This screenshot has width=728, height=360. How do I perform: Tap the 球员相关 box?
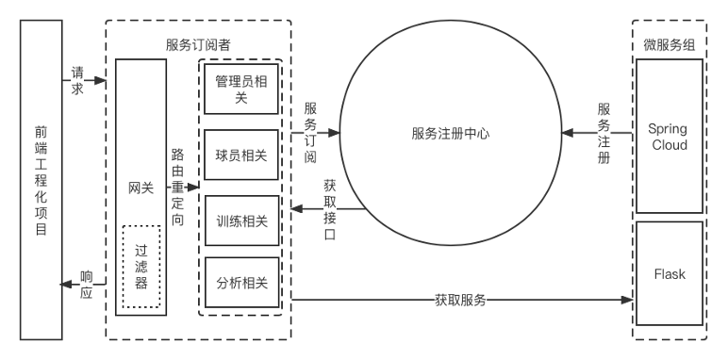[241, 155]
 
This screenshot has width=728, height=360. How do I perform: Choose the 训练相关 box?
[241, 221]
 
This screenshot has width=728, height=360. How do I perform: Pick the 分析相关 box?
[241, 283]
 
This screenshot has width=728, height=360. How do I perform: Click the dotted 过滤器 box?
[141, 267]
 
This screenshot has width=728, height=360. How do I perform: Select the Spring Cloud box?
[670, 137]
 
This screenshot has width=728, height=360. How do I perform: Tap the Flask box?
[670, 274]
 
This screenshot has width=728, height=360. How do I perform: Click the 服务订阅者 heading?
[198, 44]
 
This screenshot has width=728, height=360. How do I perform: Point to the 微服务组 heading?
[670, 44]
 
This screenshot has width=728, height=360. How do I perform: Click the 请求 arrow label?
[78, 80]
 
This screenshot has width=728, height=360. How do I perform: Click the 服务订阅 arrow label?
[310, 133]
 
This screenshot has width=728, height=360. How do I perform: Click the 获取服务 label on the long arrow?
[460, 301]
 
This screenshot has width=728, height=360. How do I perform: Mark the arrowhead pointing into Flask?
[629, 301]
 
